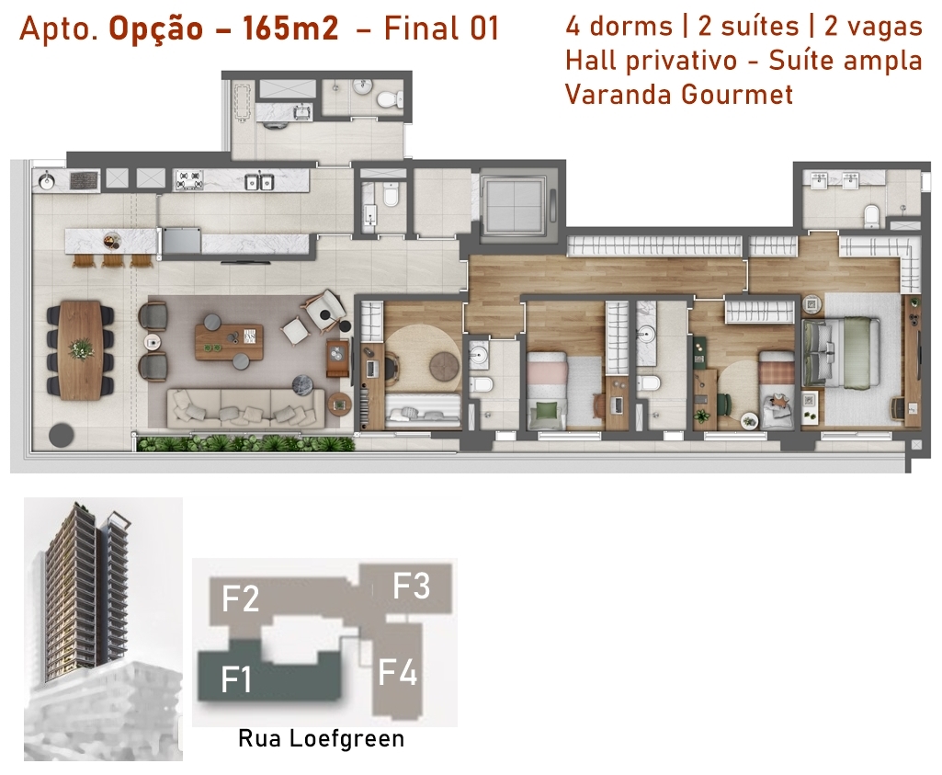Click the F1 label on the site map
235,679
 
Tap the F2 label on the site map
240,598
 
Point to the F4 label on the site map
397,672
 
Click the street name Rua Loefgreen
322,738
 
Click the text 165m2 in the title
290,28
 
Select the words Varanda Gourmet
679,95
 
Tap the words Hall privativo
652,61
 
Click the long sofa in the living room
245,408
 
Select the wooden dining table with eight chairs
81,349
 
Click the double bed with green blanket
841,353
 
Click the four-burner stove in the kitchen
188,179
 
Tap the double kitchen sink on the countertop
260,181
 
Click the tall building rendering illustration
103,629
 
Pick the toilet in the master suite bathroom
872,216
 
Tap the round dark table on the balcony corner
62,435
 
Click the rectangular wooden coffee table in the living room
229,341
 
